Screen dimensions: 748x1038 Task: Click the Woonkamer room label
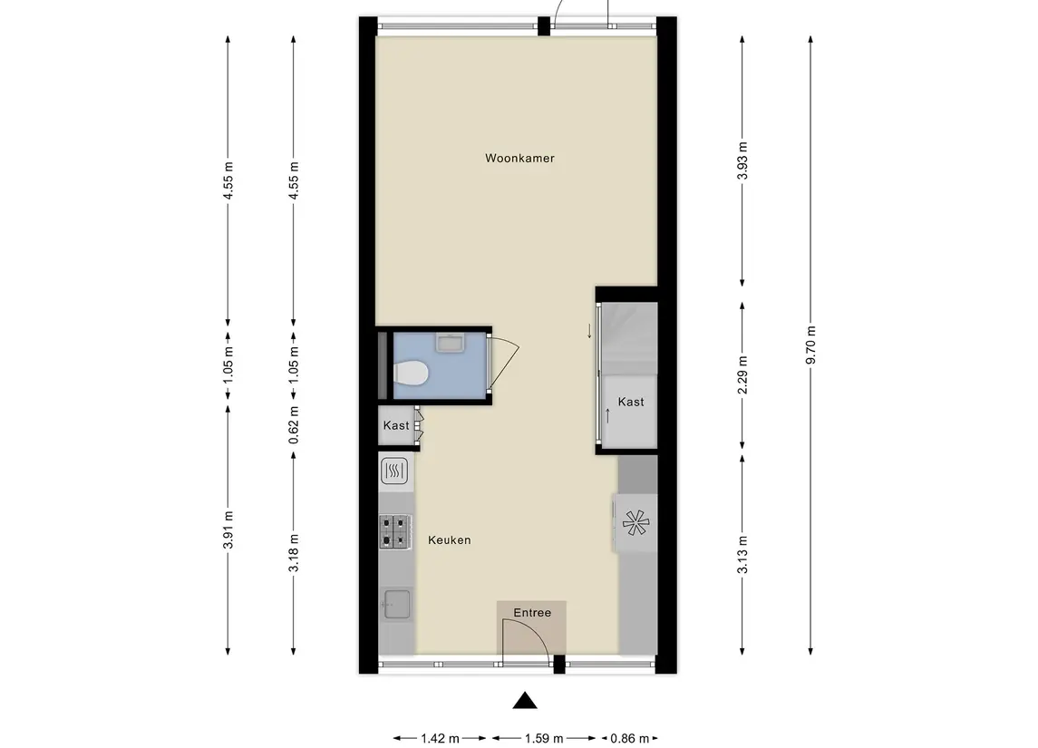pos(519,159)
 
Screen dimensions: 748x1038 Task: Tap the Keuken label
pos(450,540)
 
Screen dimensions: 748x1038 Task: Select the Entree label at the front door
pos(532,613)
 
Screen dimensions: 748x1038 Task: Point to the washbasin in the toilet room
pos(450,342)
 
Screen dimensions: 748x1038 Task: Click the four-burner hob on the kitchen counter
pos(395,531)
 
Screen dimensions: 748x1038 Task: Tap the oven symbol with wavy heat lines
pos(396,470)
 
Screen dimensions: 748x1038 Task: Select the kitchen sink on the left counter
pos(396,603)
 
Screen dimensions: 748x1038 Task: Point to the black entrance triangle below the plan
pos(524,701)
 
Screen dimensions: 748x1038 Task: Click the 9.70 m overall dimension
pos(810,345)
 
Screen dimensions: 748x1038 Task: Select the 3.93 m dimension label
pos(742,161)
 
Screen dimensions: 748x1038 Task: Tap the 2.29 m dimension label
pos(742,375)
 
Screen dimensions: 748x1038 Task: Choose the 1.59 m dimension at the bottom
pos(543,738)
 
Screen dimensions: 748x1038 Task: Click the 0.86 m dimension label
pos(626,738)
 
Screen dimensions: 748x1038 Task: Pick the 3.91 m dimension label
pos(228,528)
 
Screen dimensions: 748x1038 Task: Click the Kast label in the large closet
pos(631,402)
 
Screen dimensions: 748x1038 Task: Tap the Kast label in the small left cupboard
pos(396,426)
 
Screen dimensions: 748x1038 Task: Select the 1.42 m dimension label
pos(441,738)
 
